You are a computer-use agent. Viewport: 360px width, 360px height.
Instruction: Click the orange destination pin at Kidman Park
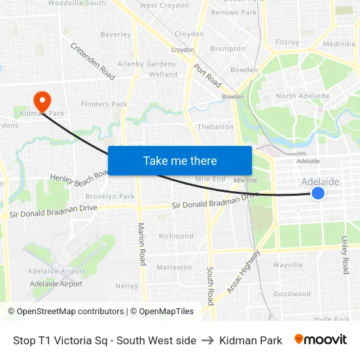click(42, 100)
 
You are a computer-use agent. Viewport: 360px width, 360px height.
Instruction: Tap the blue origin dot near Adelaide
click(317, 192)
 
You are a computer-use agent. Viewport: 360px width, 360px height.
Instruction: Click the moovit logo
click(321, 340)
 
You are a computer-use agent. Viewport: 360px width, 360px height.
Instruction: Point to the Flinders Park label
click(103, 104)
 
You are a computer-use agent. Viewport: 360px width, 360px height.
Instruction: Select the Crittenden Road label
click(92, 62)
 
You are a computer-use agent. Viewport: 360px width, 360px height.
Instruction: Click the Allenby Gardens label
click(147, 64)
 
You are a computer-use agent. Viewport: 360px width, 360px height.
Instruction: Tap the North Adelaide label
click(302, 96)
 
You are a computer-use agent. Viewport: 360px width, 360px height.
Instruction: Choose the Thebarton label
click(215, 127)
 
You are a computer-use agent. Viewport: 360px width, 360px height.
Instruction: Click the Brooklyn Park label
click(110, 196)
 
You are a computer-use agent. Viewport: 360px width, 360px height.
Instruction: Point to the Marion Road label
click(141, 243)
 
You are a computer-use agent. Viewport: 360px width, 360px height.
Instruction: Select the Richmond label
click(176, 236)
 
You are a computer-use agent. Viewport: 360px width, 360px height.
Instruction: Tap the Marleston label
click(174, 267)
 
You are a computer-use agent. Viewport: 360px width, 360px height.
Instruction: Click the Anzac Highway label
click(243, 270)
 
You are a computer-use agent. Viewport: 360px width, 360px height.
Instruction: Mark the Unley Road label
click(345, 255)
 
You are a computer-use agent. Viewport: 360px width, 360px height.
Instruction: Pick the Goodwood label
click(292, 294)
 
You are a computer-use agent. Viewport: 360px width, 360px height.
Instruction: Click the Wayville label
click(288, 265)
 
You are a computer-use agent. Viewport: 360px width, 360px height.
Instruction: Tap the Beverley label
click(116, 35)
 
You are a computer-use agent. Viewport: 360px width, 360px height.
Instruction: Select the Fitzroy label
click(287, 42)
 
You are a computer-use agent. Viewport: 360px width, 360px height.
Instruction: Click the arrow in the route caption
click(207, 340)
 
